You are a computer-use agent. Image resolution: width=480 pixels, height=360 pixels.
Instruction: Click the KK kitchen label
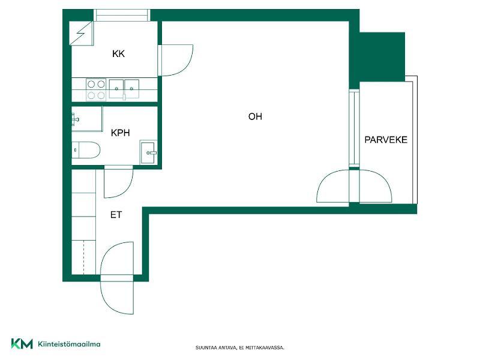tap(118, 54)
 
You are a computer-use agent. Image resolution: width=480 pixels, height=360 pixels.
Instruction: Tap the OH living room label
tap(255, 116)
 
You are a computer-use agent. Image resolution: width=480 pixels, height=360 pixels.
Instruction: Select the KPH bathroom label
tap(121, 133)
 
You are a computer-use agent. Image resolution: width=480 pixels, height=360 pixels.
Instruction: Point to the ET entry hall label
tap(116, 215)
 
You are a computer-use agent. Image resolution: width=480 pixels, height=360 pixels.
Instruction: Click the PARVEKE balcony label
tap(386, 140)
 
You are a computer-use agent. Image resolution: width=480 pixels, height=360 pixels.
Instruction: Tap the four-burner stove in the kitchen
tap(96, 89)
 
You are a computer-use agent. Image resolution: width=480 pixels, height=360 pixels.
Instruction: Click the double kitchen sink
tap(124, 89)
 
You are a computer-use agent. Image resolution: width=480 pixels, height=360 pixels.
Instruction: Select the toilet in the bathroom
tap(86, 150)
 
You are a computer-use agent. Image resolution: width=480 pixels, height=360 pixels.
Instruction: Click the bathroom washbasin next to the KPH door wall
tap(148, 152)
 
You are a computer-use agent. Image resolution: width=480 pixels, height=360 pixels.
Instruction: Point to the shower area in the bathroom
tap(87, 119)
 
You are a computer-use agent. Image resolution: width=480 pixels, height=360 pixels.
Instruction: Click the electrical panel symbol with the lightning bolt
tap(81, 34)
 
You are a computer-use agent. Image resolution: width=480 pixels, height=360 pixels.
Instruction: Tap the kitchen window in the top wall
tap(122, 15)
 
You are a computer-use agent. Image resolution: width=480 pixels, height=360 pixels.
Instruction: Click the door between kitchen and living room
tap(175, 61)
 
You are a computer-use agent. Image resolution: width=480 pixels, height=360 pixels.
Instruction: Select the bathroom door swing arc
tap(118, 182)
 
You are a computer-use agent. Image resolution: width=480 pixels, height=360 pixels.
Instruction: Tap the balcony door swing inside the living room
tap(333, 186)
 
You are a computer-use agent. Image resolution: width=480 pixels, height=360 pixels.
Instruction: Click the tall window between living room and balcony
tap(354, 128)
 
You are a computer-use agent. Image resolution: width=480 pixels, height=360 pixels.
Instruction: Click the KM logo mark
tap(22, 344)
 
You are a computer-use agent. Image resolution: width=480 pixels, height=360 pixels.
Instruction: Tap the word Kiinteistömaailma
tap(69, 344)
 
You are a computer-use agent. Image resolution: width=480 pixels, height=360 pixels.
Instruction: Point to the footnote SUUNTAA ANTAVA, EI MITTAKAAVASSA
tap(240, 348)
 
